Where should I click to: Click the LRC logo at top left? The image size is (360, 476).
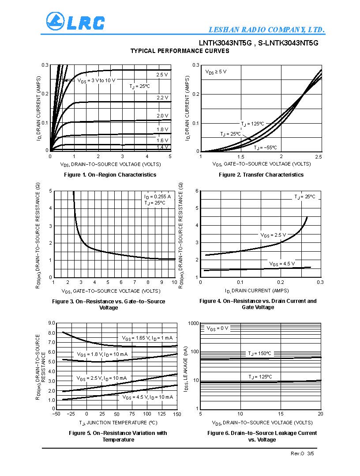pos(75,22)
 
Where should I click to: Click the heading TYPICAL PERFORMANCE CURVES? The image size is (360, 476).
pos(180,51)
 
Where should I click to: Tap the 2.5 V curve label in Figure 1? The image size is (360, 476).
pos(162,75)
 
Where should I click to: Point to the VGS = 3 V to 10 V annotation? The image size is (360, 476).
pos(96,81)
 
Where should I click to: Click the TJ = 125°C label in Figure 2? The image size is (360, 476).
pos(252,124)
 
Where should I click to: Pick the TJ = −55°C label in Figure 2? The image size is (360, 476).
pos(266,148)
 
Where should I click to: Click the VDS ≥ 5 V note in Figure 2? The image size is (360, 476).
pos(216,72)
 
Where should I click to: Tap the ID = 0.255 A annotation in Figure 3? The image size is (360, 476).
pos(157,196)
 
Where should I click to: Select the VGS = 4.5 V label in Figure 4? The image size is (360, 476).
pos(282,264)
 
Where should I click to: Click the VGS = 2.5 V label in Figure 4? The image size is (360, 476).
pos(273,235)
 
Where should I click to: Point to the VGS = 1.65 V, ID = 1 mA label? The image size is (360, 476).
pos(147,338)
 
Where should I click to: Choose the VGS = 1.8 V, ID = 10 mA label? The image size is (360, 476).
pos(102,355)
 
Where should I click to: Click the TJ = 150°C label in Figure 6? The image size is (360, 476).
pos(259,354)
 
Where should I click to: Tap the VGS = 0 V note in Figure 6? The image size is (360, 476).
pos(217,329)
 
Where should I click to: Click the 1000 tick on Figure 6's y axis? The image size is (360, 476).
pos(193,323)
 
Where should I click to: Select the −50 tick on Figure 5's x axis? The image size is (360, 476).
pos(56,414)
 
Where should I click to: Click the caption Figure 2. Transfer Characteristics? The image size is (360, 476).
pos(261,174)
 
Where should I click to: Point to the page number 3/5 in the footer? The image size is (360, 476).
pos(311,453)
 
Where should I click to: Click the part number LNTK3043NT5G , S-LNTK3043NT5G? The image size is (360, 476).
pos(259,43)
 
